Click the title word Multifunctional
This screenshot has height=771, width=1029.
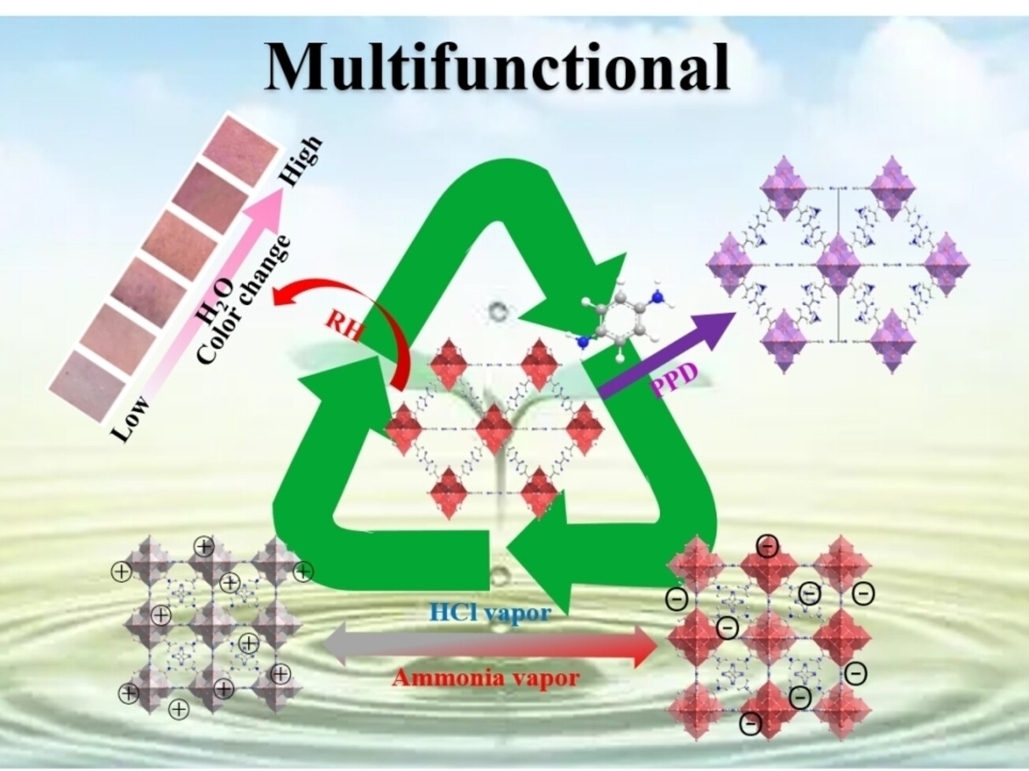498,66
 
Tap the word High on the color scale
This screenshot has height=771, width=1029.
303,161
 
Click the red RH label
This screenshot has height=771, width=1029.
344,325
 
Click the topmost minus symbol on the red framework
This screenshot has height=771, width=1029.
766,545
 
